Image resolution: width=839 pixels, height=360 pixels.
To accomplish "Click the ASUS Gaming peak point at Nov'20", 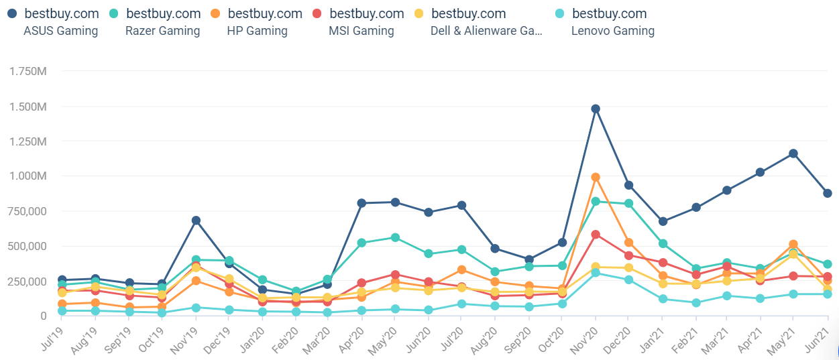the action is tap(596, 109).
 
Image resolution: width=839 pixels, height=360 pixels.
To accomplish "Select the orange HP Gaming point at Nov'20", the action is tap(596, 178).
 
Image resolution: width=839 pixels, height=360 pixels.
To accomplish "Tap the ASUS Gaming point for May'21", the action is tap(793, 154).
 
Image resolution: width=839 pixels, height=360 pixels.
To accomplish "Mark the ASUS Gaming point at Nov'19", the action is tap(196, 221).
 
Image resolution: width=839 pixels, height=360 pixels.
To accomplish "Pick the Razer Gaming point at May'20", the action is tap(395, 237).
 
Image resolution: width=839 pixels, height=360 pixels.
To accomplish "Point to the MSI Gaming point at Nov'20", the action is tap(596, 235).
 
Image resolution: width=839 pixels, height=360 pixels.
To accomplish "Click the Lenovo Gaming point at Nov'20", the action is tap(596, 273).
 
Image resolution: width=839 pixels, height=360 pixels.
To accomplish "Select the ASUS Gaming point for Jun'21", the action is tap(828, 194).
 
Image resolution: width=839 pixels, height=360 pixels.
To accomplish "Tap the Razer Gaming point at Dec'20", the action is tap(629, 204).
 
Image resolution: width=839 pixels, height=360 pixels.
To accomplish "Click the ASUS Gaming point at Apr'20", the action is tap(361, 203).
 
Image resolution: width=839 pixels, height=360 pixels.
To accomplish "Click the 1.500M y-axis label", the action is tap(28, 107).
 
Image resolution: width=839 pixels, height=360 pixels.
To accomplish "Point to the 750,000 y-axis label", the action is tap(27, 211).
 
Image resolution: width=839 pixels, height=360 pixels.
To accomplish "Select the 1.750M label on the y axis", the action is tap(28, 71).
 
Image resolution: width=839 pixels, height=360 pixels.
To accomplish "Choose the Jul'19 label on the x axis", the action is tap(52, 339).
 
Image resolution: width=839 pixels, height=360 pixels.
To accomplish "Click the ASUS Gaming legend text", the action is tap(60, 31).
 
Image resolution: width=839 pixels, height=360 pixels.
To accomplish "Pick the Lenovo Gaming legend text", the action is tap(613, 31).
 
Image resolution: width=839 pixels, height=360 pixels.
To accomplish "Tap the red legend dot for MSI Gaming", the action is tap(317, 13).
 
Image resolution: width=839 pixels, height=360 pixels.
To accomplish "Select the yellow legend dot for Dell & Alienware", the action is tap(418, 13).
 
